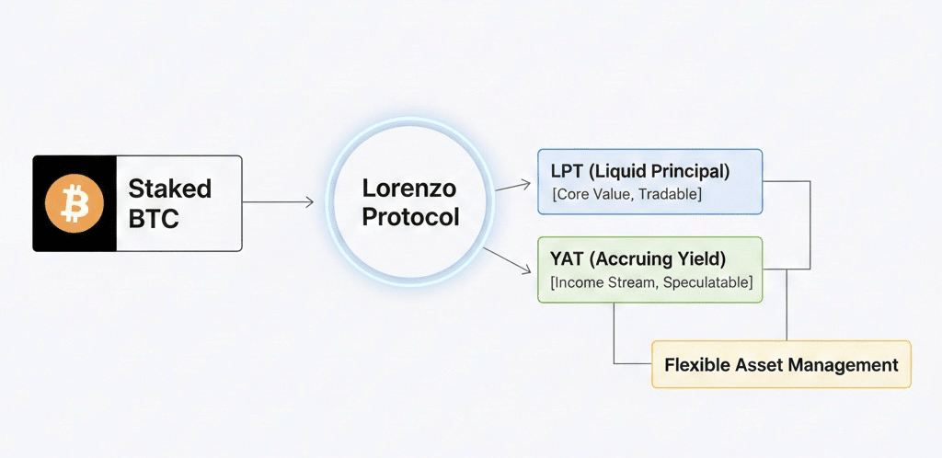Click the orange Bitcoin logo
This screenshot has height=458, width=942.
pos(75,203)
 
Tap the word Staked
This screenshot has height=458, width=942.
pos(169,189)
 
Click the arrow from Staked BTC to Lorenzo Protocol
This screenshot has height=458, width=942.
pos(278,202)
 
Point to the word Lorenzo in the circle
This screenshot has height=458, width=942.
pos(408,189)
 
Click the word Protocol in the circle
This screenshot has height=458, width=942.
pos(409,218)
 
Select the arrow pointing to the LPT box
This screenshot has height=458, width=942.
pos(513,186)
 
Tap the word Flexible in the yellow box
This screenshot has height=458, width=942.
pos(697,364)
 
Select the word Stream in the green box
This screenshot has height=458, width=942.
pos(630,282)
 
